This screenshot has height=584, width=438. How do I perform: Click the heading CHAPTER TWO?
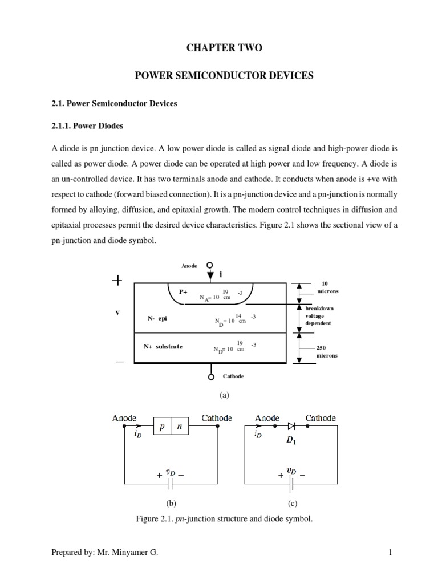[x=224, y=48]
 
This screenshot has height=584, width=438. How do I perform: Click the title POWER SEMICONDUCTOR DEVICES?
[x=224, y=76]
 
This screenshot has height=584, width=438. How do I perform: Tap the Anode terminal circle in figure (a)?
[x=210, y=265]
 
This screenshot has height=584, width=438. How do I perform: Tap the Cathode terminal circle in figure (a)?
[x=211, y=376]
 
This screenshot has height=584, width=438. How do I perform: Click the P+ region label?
[x=184, y=291]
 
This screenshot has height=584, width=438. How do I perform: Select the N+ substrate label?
[x=163, y=347]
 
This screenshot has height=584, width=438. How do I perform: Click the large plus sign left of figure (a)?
[x=117, y=281]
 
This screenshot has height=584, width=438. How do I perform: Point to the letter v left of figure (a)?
[x=117, y=313]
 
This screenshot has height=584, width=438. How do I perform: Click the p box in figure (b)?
[x=163, y=426]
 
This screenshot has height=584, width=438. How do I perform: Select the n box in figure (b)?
[x=180, y=426]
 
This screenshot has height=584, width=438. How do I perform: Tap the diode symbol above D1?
[x=291, y=425]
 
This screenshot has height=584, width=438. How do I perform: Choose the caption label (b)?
[x=171, y=504]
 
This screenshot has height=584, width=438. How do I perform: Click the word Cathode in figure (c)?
[x=321, y=418]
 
